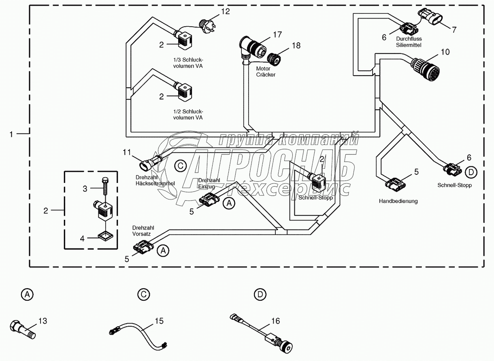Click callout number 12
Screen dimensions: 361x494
coord(225,11)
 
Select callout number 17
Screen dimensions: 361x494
coord(277,34)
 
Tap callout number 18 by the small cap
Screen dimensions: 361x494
coord(296,45)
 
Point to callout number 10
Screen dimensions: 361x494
coord(445,52)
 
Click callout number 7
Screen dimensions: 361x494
coord(454,29)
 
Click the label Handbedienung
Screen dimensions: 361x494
coord(398,201)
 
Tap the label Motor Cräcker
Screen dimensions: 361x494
coord(266,72)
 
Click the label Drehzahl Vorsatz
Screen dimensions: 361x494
coord(143,231)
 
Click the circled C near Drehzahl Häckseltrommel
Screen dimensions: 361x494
coord(180,165)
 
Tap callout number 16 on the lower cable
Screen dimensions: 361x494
coord(275,321)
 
